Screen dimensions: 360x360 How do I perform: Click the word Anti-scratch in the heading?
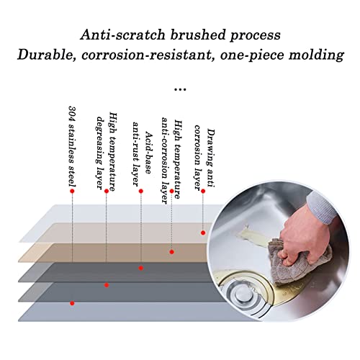[122, 35]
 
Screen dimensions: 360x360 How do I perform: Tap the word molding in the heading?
[316, 55]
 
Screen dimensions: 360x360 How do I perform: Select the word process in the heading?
[256, 35]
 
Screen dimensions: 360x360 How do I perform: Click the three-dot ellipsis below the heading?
[180, 89]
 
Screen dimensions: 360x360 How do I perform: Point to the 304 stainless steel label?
[72, 146]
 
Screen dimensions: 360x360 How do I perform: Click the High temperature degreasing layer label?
[107, 151]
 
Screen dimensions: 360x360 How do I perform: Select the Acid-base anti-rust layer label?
[142, 154]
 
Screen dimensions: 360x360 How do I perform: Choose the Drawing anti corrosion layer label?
[204, 158]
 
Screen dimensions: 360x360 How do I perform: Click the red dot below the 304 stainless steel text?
[72, 191]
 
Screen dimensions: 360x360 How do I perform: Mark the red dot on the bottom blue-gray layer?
[72, 303]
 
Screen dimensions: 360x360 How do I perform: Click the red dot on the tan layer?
[171, 252]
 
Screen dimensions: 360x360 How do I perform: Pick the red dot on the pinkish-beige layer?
[203, 233]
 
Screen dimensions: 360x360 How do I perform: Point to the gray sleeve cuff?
[322, 207]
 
